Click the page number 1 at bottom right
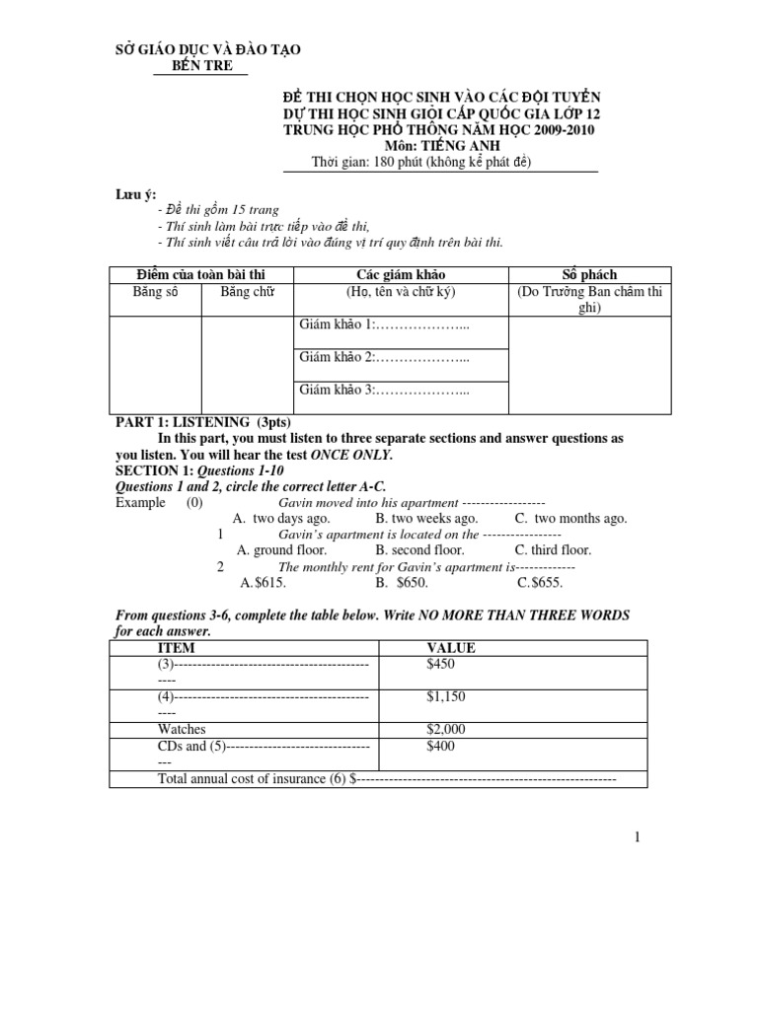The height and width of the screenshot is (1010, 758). tap(638, 837)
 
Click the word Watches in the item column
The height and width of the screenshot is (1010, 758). tap(182, 729)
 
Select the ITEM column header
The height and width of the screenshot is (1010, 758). tap(177, 648)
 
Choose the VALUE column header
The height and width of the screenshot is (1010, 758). tap(451, 648)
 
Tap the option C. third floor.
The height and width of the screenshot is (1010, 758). tap(553, 550)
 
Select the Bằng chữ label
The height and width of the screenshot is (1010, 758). tap(247, 291)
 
